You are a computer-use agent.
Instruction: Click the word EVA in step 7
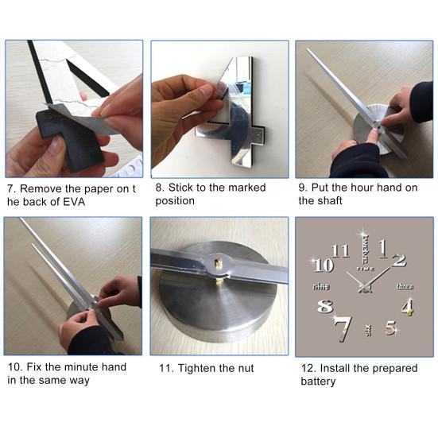tap(74, 202)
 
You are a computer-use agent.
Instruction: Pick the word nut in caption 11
tap(246, 369)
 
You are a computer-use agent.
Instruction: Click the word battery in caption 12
tap(318, 382)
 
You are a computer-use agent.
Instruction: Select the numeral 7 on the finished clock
tap(343, 329)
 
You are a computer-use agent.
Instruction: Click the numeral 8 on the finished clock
tap(325, 306)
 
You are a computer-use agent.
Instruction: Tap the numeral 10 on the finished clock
tap(324, 265)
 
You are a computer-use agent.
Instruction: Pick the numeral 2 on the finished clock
tap(399, 261)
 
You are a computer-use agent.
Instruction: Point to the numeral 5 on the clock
tap(391, 328)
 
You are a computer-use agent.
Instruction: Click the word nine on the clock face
tap(320, 286)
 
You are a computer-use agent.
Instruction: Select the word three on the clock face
tap(405, 286)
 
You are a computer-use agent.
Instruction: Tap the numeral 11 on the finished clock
tap(340, 250)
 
